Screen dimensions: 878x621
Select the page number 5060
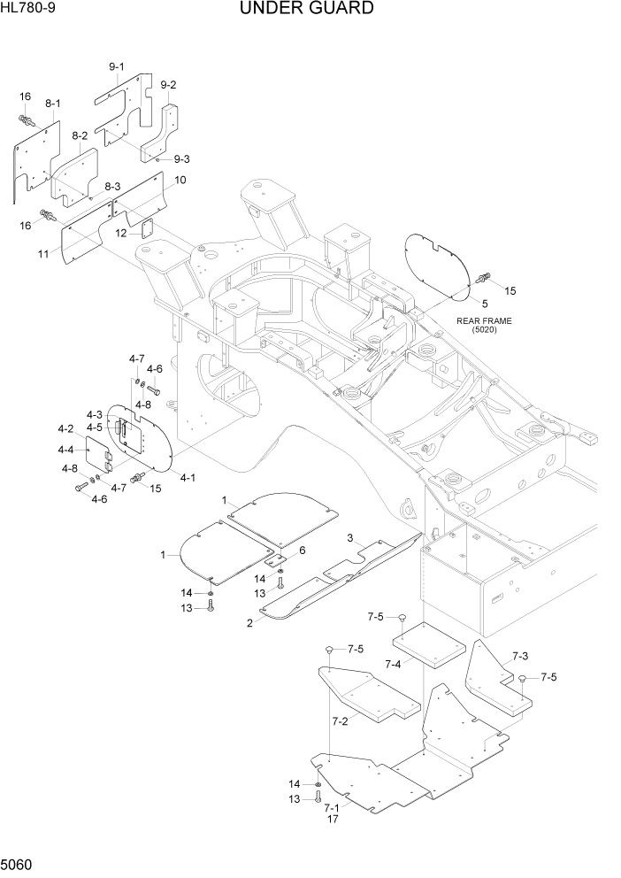[x=19, y=863]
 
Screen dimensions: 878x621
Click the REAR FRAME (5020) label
[x=484, y=325]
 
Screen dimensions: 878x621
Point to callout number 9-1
[x=117, y=67]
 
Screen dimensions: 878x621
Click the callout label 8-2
[x=79, y=136]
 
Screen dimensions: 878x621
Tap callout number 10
[x=180, y=181]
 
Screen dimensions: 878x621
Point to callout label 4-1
[x=188, y=476]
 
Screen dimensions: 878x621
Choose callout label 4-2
[x=65, y=428]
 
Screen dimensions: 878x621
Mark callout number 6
[x=302, y=550]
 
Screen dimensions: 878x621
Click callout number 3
[x=350, y=538]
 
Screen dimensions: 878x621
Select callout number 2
[x=249, y=623]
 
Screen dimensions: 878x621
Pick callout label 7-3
[x=519, y=658]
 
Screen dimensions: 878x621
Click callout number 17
[x=333, y=820]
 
